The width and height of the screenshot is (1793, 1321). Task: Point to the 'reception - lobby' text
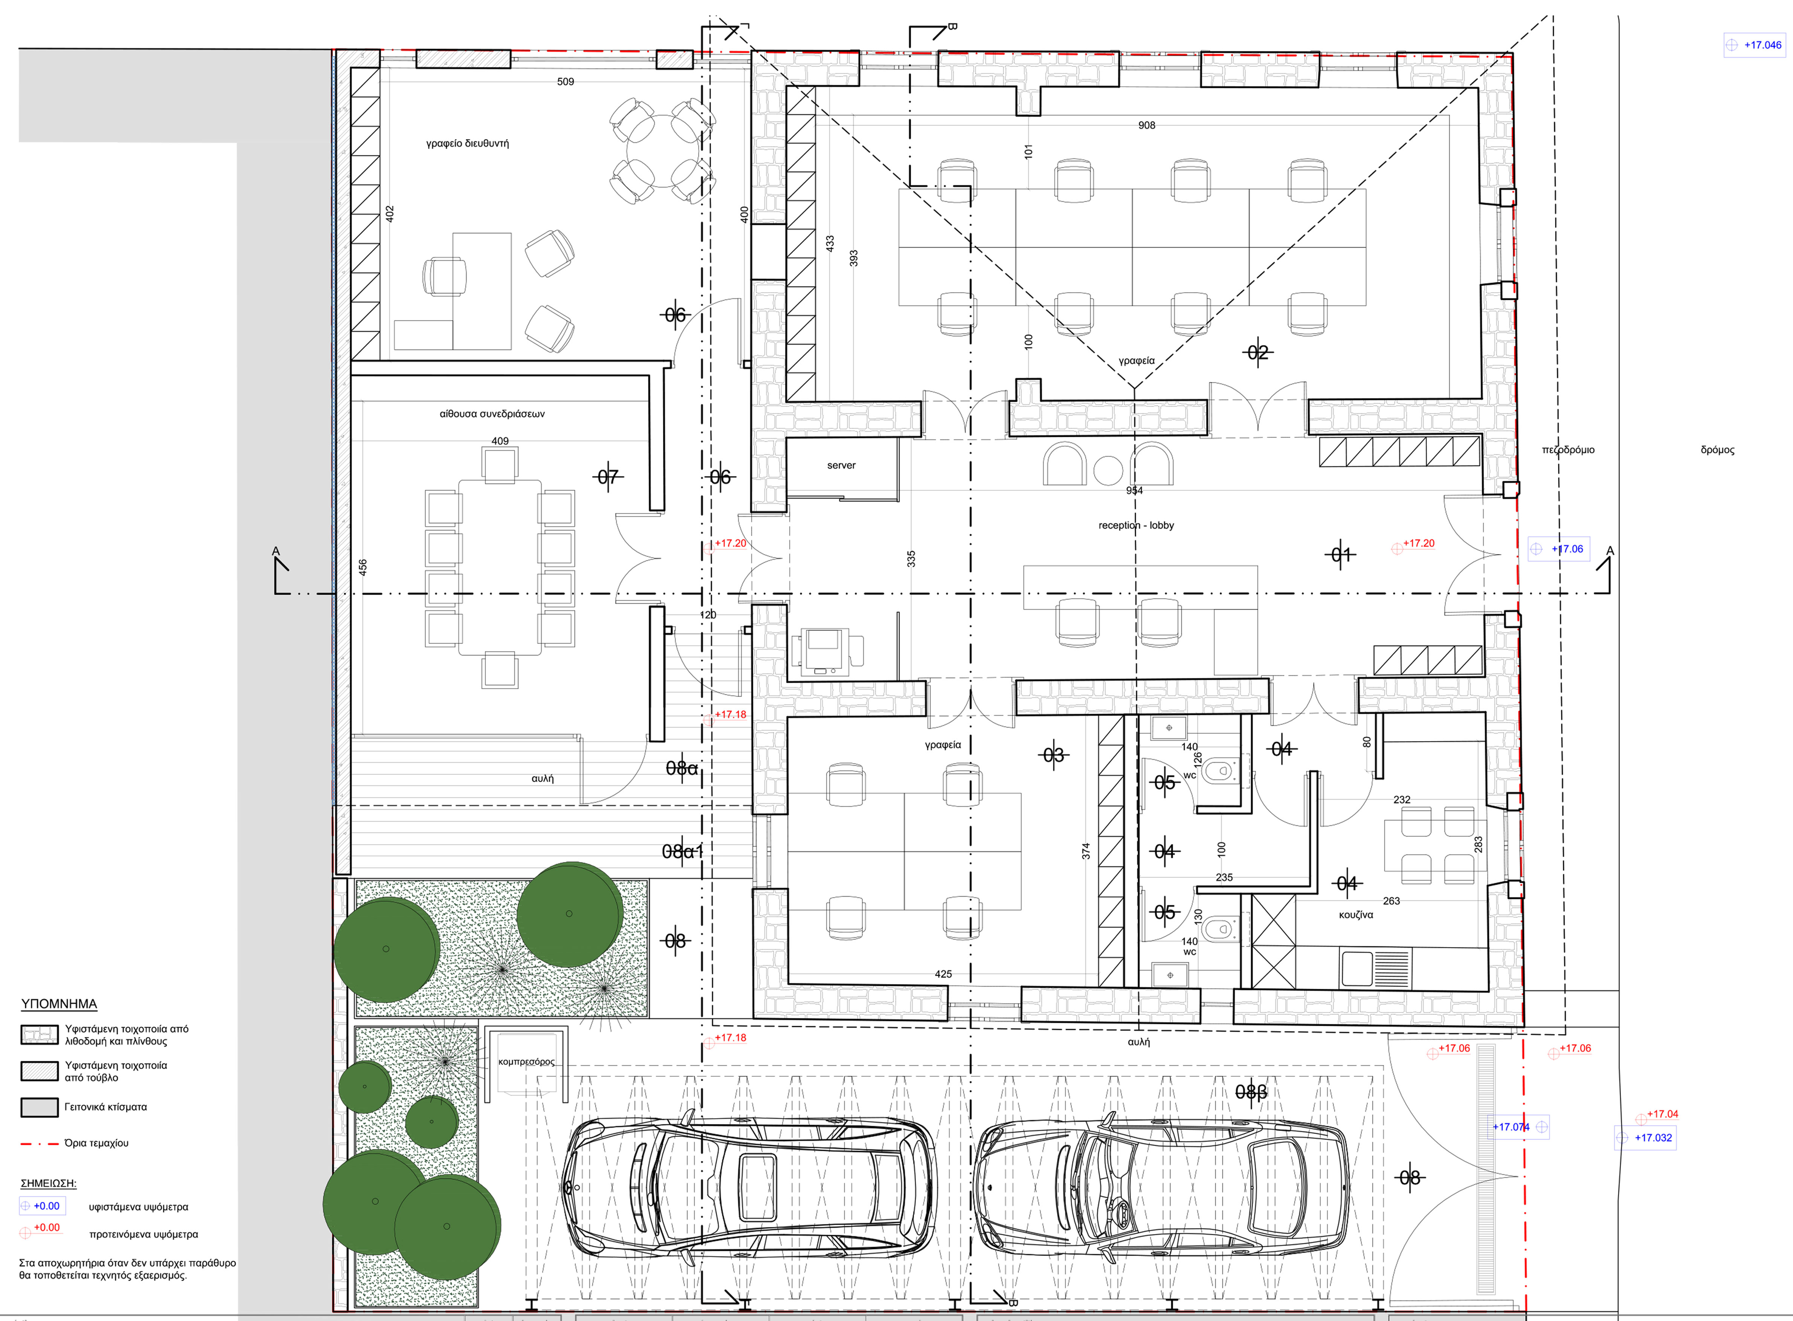pos(1135,525)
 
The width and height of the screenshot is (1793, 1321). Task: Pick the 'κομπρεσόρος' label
pos(526,1062)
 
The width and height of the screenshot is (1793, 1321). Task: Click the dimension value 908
pos(1147,125)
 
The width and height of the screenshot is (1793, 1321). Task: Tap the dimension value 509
pos(565,82)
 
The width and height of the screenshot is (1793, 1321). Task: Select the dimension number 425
pos(944,974)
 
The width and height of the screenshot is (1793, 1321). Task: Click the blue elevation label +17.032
pos(1653,1138)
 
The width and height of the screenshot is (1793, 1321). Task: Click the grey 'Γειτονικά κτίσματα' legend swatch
pos(39,1107)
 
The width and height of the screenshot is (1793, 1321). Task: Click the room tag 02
pos(1258,352)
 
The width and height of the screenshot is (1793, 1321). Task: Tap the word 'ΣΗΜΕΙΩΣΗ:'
pos(48,1184)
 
